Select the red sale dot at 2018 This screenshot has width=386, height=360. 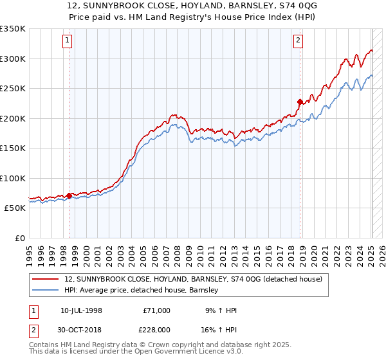pyautogui.click(x=300, y=102)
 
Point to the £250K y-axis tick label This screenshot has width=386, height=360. pyautogui.click(x=13, y=88)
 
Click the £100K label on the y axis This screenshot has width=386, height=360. pyautogui.click(x=13, y=178)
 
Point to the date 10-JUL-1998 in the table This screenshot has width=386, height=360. pyautogui.click(x=81, y=310)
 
